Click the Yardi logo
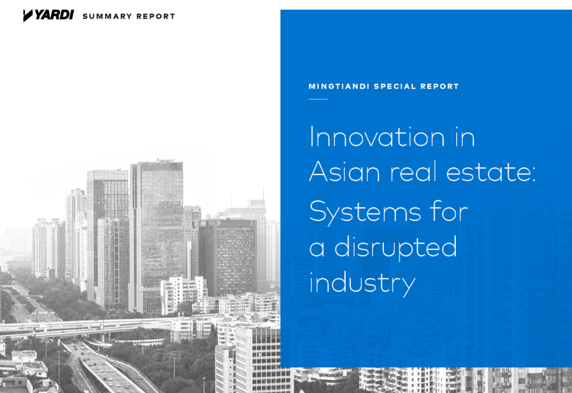pyautogui.click(x=48, y=15)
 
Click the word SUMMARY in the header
pyautogui.click(x=107, y=16)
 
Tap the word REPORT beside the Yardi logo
pyautogui.click(x=156, y=16)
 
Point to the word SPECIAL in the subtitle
pyautogui.click(x=395, y=87)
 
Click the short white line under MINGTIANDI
pyautogui.click(x=318, y=99)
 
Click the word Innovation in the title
pyautogui.click(x=377, y=137)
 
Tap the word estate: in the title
pyautogui.click(x=491, y=172)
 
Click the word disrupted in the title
pyautogui.click(x=396, y=248)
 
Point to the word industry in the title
pyautogui.click(x=362, y=283)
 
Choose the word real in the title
pyautogui.click(x=413, y=171)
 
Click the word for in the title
pyautogui.click(x=450, y=211)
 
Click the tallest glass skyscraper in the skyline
pyautogui.click(x=157, y=234)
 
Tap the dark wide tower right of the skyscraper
pyautogui.click(x=228, y=258)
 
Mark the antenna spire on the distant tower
pyautogui.click(x=264, y=193)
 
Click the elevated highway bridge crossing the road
pyautogui.click(x=88, y=326)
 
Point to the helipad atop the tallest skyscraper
pyautogui.click(x=165, y=160)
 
